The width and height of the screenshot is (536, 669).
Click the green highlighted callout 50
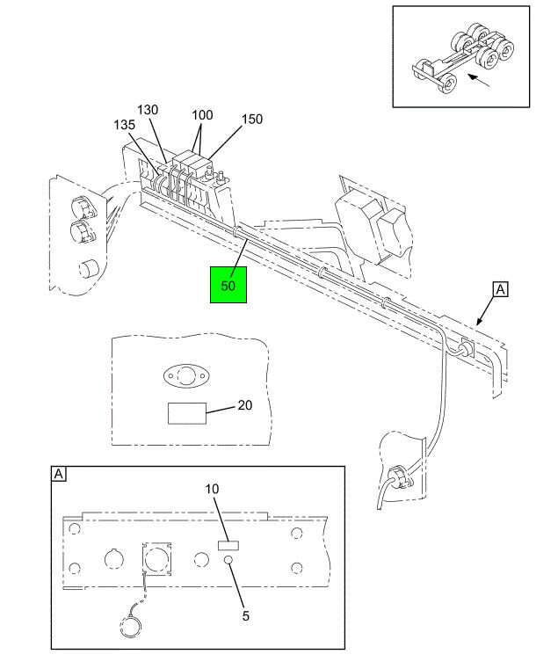click(x=228, y=284)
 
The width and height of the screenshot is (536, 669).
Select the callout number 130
click(x=147, y=110)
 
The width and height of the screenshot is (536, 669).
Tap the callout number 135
click(x=124, y=126)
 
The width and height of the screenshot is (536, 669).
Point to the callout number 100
click(x=202, y=115)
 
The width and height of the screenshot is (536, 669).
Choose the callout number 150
click(x=251, y=119)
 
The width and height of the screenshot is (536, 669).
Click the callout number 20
click(x=244, y=405)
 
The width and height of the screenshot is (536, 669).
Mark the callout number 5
click(x=245, y=614)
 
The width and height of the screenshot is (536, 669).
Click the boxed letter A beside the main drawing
click(x=500, y=288)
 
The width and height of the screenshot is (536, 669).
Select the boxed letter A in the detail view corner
click(x=59, y=475)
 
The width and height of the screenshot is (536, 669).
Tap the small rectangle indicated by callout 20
click(x=186, y=413)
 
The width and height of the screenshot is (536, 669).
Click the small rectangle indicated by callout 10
click(x=228, y=546)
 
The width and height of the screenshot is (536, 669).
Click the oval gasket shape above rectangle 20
click(x=187, y=376)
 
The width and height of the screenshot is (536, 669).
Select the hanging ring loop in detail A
click(x=130, y=626)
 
